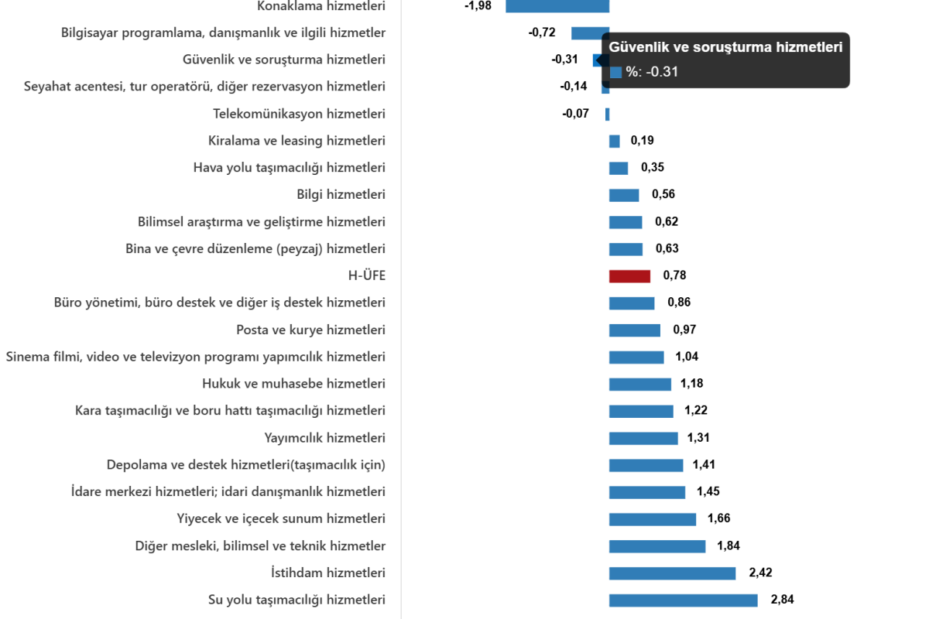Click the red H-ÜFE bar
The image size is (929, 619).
tap(629, 276)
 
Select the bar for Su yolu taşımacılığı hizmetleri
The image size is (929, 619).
tap(683, 600)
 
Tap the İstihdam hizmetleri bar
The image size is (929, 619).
tap(672, 573)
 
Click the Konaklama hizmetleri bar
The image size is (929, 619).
tap(557, 6)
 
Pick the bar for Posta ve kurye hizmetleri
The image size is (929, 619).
tap(634, 330)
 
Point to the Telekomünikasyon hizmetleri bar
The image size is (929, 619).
tap(608, 115)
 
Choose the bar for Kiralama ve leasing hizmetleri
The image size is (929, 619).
tap(614, 142)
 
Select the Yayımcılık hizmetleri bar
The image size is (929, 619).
tap(643, 439)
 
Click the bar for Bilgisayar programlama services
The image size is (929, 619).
tap(590, 33)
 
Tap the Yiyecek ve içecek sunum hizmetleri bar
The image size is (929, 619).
tap(653, 519)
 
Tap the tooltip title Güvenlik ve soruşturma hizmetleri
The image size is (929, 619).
tap(725, 47)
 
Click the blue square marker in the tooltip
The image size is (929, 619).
tap(616, 72)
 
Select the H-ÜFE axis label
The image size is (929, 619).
tap(367, 276)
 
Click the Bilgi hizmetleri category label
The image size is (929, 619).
tap(341, 195)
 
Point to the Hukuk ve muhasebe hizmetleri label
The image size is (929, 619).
tap(293, 384)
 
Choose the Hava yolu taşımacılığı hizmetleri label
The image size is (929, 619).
tap(289, 168)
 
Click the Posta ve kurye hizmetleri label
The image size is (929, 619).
tap(311, 330)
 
